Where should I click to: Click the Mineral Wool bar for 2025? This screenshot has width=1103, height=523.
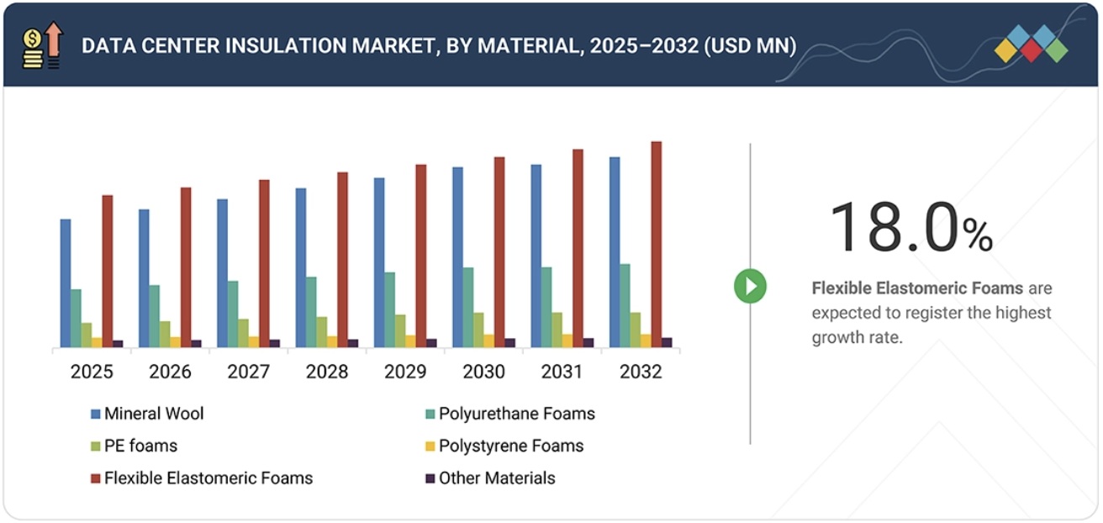click(x=66, y=283)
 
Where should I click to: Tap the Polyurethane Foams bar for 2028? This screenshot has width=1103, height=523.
click(x=311, y=312)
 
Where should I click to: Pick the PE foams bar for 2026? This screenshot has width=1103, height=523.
click(x=165, y=334)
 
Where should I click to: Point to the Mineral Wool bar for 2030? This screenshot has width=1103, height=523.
click(x=457, y=257)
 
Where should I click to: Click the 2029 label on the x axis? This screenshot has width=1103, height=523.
click(x=405, y=372)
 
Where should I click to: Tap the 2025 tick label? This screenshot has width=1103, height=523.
click(x=92, y=372)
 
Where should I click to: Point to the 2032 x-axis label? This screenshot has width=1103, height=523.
click(x=641, y=372)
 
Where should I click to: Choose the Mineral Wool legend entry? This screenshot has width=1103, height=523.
click(x=153, y=414)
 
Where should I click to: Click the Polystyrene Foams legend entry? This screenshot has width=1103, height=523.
click(x=510, y=446)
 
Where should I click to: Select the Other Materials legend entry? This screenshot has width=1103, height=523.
click(x=496, y=478)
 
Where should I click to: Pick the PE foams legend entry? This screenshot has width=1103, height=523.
click(x=140, y=446)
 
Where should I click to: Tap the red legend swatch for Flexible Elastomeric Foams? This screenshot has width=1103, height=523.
click(x=96, y=478)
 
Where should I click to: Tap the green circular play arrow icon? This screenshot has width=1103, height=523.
click(x=750, y=287)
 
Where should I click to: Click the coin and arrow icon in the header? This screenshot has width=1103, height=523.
click(x=42, y=45)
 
